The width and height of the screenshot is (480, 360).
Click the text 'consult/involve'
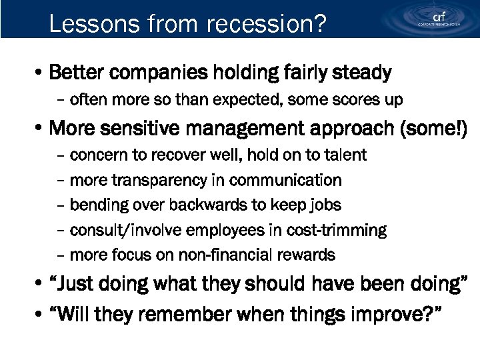pos(120,230)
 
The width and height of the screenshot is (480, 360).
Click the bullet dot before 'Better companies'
pos(41,72)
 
